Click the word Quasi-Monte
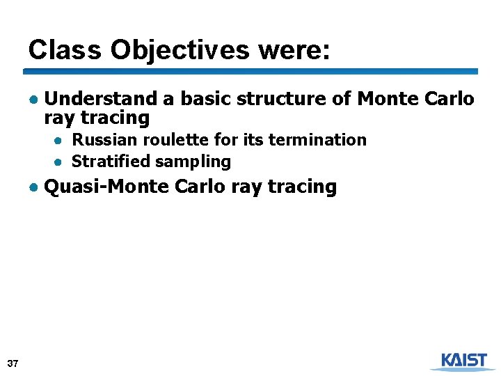(x=107, y=187)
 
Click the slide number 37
(x=13, y=363)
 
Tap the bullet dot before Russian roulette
(x=61, y=141)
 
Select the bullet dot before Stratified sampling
(x=61, y=162)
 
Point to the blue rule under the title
(x=250, y=71)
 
